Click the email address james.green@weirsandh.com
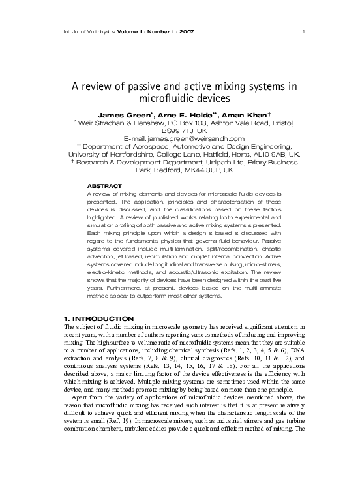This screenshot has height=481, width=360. [196, 138]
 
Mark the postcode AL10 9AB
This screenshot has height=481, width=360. [277, 154]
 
